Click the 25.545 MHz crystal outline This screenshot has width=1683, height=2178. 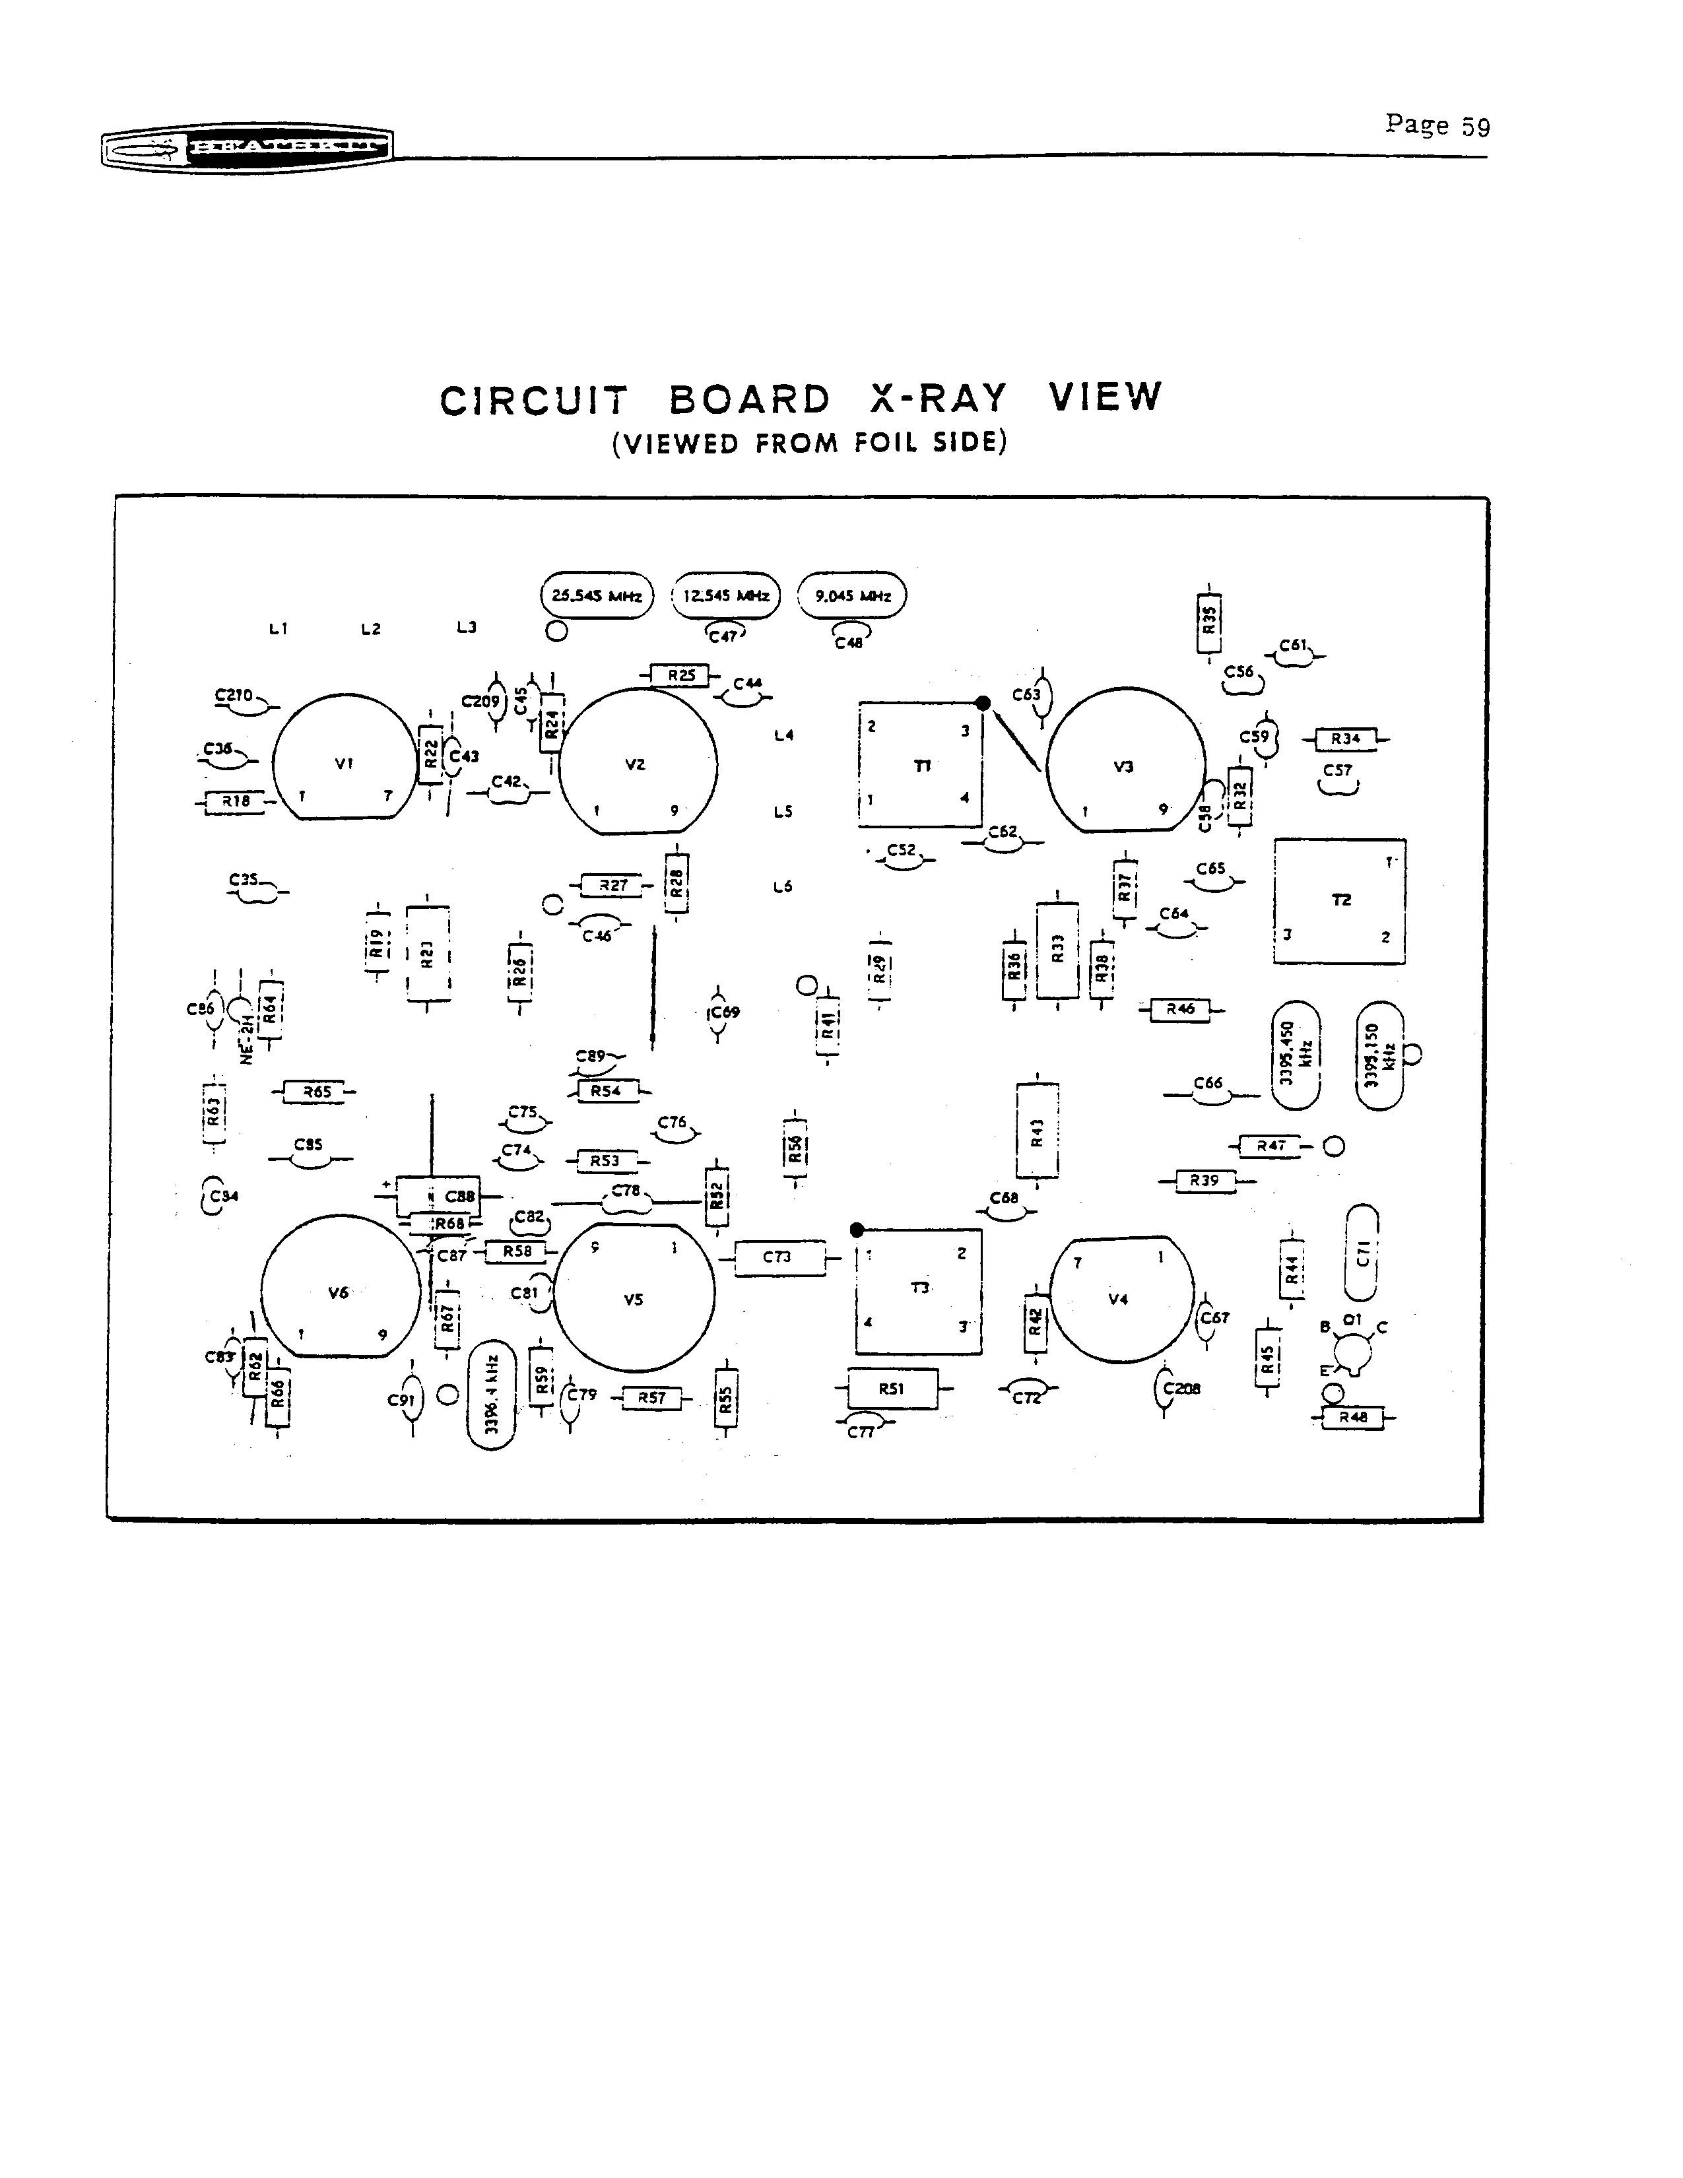click(x=596, y=595)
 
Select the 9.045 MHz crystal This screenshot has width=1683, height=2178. click(x=853, y=595)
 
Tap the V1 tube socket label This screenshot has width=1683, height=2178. click(x=344, y=764)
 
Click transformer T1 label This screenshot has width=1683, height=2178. click(x=922, y=765)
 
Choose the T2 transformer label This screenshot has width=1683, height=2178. click(x=1341, y=900)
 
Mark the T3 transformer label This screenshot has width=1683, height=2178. click(x=920, y=1288)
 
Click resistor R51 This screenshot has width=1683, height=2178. click(x=892, y=1388)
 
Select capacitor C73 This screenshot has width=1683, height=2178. click(x=779, y=1257)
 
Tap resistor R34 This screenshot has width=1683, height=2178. click(x=1346, y=739)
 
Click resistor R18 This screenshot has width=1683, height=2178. click(x=236, y=801)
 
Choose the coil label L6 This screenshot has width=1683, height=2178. click(x=783, y=886)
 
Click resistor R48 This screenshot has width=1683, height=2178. click(x=1353, y=1417)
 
